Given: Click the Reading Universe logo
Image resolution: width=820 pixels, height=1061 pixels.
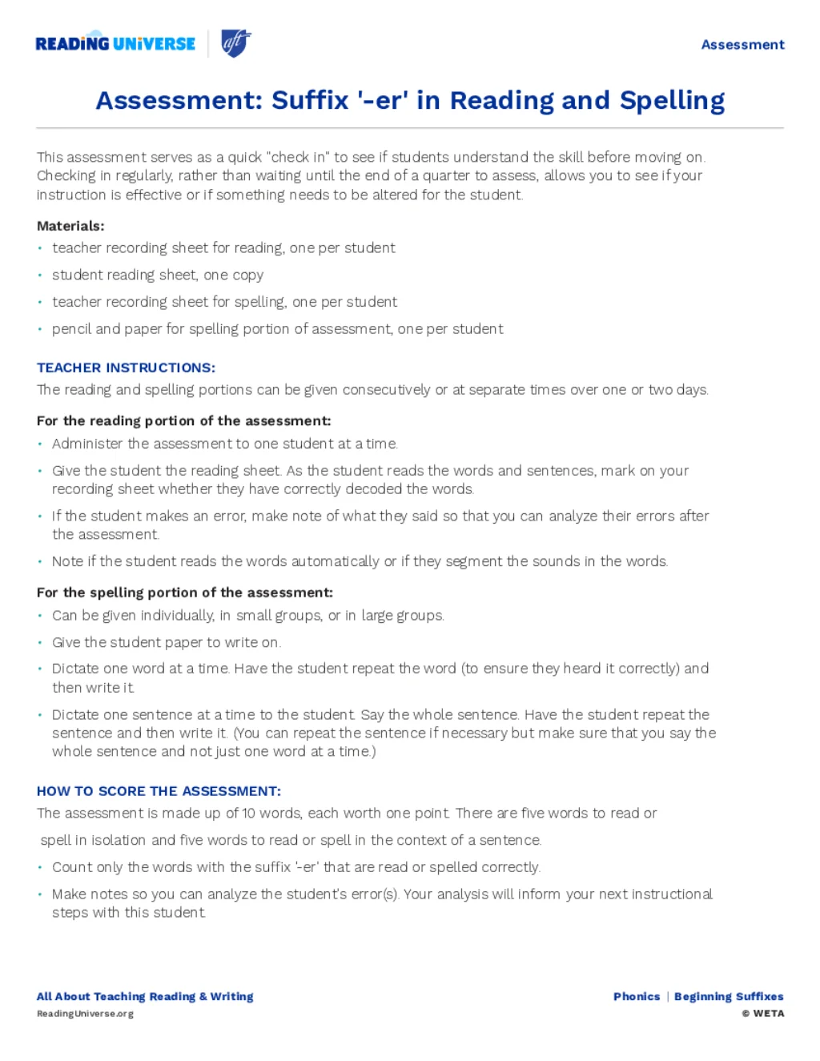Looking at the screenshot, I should (115, 43).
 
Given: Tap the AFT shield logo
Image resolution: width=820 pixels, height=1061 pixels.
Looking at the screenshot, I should (235, 43).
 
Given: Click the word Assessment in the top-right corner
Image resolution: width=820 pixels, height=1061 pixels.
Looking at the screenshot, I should (742, 45).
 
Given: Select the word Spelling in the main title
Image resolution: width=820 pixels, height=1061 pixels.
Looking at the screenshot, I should (672, 101).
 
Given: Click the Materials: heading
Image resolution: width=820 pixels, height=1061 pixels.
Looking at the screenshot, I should (70, 226).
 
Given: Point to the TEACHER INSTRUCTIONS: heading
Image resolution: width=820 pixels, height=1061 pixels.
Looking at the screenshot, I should (126, 368).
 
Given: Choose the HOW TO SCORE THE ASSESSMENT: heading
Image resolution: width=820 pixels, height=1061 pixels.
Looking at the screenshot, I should (159, 791).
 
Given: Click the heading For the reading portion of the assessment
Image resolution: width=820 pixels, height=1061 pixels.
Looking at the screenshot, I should (183, 421).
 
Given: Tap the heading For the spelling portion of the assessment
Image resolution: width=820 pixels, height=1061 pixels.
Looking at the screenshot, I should (184, 593).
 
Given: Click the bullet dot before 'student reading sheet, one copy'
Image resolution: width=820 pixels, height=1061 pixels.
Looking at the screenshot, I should (40, 275).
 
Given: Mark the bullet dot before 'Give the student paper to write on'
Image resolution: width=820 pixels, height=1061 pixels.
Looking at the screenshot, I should (40, 642).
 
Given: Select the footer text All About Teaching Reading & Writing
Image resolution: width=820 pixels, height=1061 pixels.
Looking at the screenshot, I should (145, 997).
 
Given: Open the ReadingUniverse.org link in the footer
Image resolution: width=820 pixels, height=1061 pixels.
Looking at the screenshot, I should (85, 1014).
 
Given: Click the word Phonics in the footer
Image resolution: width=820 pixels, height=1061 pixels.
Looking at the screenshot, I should (637, 997).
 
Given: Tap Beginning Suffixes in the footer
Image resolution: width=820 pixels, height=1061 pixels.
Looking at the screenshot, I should (729, 997).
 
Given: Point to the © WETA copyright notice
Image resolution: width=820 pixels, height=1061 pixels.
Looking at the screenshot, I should (763, 1014).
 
